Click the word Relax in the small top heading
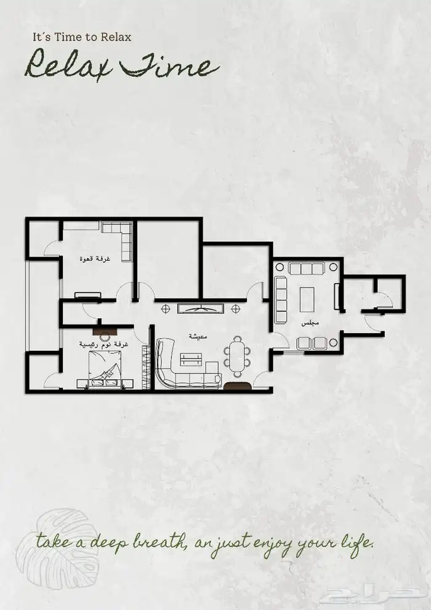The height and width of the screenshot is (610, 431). pos(116,37)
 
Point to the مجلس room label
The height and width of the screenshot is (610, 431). pos(310,323)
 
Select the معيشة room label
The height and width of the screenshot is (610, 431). pos(198,336)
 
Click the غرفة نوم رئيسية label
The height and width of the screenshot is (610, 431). pos(103,344)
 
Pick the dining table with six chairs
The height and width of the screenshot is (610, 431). pos(237,356)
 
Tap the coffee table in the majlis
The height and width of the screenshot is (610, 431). pos(307,299)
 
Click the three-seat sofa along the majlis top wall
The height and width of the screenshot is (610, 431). pos(307,268)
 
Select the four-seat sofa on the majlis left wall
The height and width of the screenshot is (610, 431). pos(281,300)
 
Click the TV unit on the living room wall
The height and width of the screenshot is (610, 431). pos(201,308)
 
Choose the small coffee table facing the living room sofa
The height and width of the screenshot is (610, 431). pos(191,359)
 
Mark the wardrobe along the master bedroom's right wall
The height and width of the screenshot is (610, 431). pos(146,366)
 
